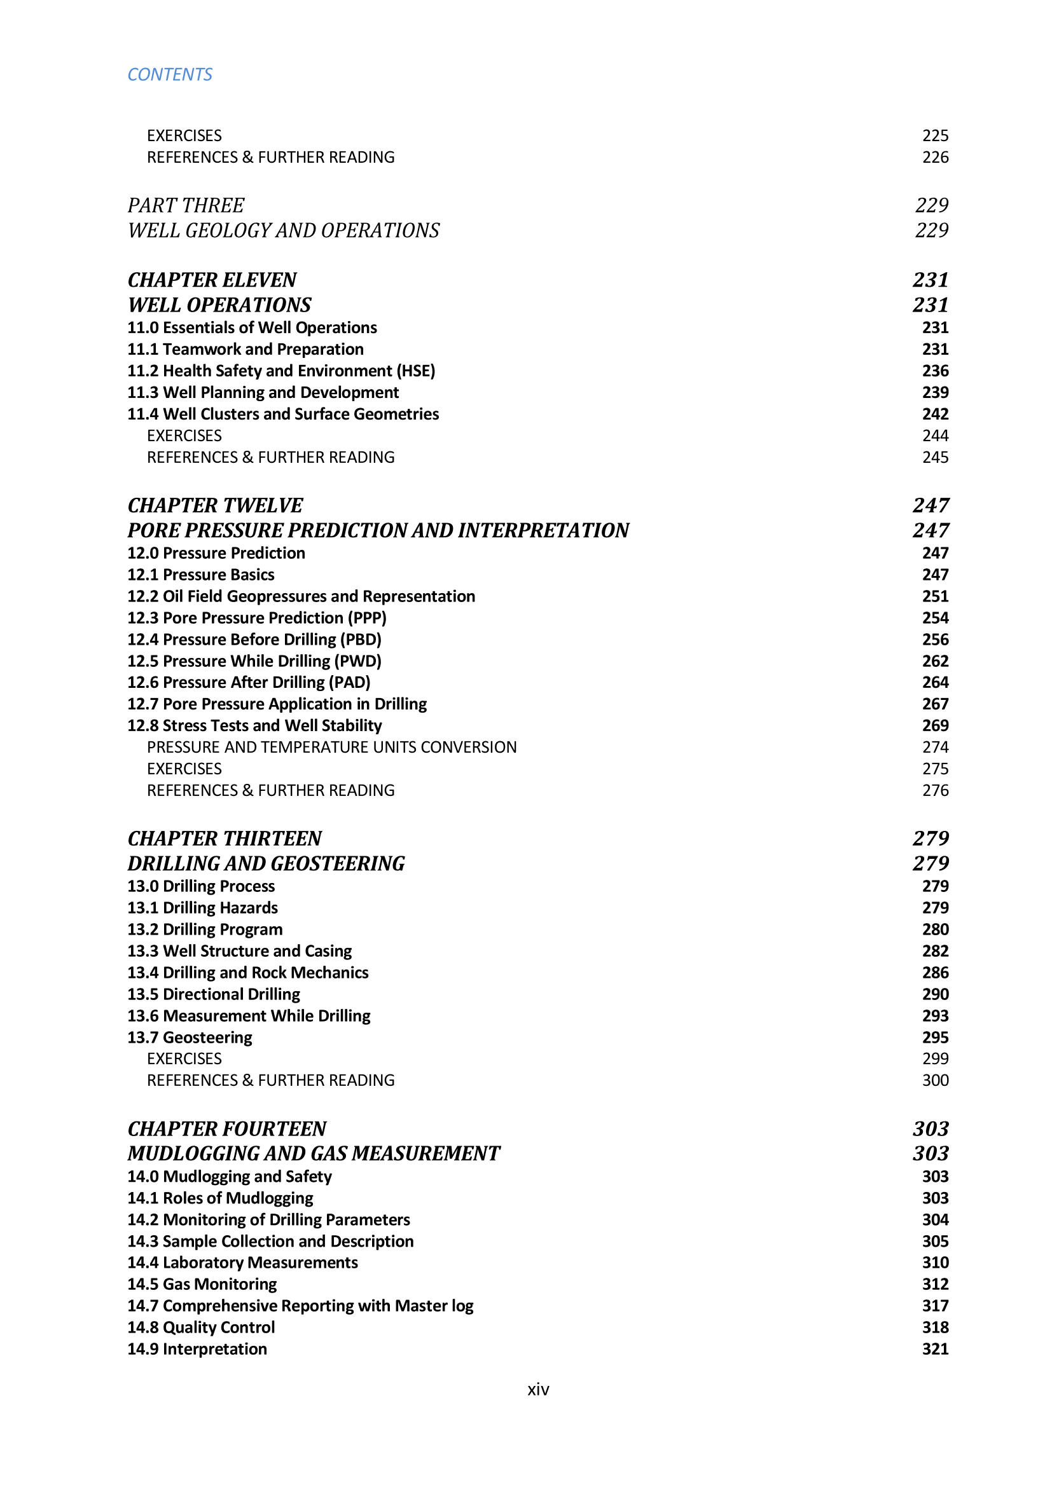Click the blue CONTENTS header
[x=170, y=74]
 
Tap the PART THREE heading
[x=186, y=205]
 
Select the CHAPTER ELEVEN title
[x=212, y=280]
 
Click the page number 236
[x=935, y=371]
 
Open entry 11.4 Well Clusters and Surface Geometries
[x=283, y=414]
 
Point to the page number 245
[x=935, y=457]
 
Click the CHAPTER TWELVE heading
[x=215, y=505]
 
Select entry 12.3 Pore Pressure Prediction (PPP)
[x=256, y=618]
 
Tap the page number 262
[x=935, y=661]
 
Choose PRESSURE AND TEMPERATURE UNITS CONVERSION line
[x=331, y=748]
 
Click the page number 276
[x=935, y=790]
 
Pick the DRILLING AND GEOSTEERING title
[x=266, y=863]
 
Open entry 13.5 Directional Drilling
[x=214, y=994]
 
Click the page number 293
[x=935, y=1015]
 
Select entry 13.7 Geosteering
[x=190, y=1038]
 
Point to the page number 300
[x=935, y=1080]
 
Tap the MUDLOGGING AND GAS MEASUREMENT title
[x=314, y=1153]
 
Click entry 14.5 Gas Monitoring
[x=202, y=1284]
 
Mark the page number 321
[x=935, y=1349]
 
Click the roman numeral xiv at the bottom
[x=538, y=1389]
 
